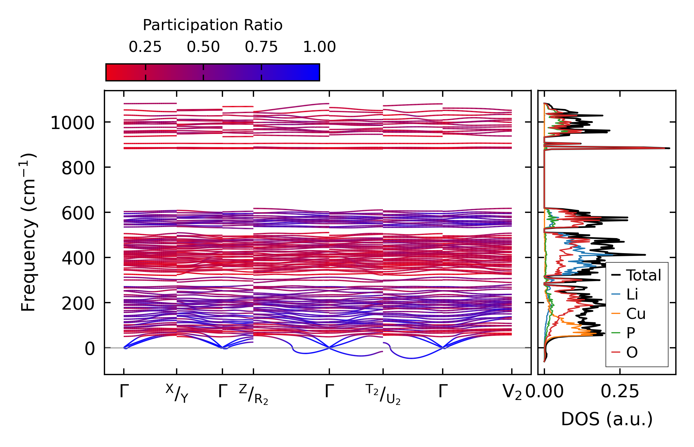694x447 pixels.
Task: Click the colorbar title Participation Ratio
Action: coord(212,25)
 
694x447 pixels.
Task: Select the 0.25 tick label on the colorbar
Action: coord(145,47)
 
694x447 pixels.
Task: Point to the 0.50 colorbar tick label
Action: coord(203,47)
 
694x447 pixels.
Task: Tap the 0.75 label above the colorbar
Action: coord(261,47)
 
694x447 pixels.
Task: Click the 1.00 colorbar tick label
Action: coord(319,47)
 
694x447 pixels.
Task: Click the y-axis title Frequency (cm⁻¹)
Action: coord(28,233)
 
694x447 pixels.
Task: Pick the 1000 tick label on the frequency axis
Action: coord(72,123)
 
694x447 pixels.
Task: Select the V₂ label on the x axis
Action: coord(512,392)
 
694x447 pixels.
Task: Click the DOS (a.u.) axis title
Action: coord(607,419)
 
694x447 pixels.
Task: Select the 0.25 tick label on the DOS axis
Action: coord(620,392)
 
